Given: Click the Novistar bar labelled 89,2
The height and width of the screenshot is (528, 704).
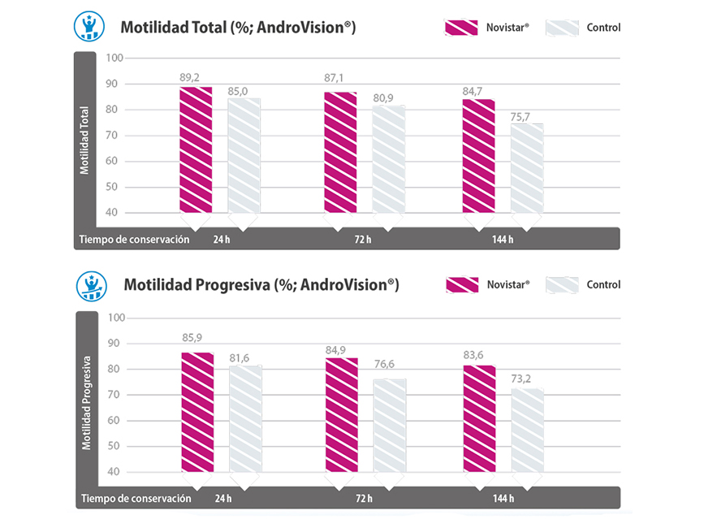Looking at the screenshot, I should (x=196, y=149).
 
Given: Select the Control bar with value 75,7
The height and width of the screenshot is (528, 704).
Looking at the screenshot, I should (x=527, y=169).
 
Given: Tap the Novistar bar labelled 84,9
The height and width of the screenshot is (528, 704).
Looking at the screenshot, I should (x=341, y=414).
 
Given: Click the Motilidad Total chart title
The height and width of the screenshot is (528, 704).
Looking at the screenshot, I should (x=238, y=28).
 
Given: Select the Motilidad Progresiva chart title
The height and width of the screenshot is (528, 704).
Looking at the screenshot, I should (x=261, y=285).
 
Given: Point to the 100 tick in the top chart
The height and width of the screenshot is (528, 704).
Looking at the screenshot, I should (x=113, y=58).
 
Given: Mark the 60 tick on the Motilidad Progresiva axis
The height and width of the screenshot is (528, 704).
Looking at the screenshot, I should (x=113, y=421).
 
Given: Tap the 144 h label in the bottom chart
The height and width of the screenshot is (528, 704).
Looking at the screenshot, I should (x=503, y=499).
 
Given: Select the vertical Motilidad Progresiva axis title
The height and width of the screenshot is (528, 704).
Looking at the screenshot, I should (x=85, y=400).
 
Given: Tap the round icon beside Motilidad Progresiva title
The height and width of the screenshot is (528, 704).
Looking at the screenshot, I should (x=92, y=285).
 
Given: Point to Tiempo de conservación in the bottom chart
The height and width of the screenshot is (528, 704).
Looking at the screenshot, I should (x=136, y=499).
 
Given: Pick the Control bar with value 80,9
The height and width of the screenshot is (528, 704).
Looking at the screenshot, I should (x=388, y=159).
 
